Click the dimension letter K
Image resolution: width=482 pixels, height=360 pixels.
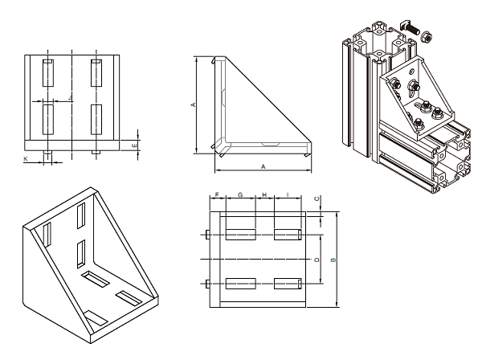tap(24, 160)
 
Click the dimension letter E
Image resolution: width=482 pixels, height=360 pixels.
tap(134, 145)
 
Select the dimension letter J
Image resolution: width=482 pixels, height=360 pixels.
tap(71, 97)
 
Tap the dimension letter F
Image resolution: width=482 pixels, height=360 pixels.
tap(217, 195)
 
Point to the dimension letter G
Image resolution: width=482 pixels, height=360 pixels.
tap(240, 195)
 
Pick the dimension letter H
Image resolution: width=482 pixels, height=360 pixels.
tap(264, 195)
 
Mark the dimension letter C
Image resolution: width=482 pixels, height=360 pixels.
tap(317, 198)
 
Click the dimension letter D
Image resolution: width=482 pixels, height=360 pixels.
tap(317, 259)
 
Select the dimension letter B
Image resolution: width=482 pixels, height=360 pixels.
tap(333, 259)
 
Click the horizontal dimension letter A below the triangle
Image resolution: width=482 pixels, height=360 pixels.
tap(263, 166)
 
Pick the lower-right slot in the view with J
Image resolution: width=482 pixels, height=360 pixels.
tap(96, 119)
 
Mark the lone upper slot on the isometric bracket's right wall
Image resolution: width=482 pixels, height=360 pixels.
tap(82, 216)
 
